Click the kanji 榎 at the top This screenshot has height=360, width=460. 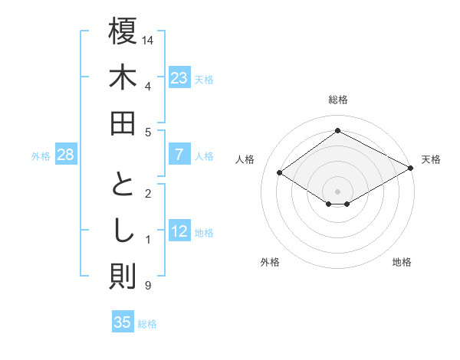pyautogui.click(x=123, y=32)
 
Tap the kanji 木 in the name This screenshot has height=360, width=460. pyautogui.click(x=123, y=78)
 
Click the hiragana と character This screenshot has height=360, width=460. pyautogui.click(x=123, y=185)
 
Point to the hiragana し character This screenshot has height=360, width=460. pyautogui.click(x=123, y=231)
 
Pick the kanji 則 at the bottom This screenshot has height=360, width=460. pyautogui.click(x=123, y=277)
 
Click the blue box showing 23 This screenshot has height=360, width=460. pyautogui.click(x=179, y=77)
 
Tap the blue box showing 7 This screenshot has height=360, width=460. pyautogui.click(x=179, y=155)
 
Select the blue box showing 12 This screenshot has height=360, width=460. pyautogui.click(x=179, y=231)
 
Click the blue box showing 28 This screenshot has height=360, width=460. pyautogui.click(x=66, y=155)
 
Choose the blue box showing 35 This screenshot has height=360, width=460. pyautogui.click(x=123, y=322)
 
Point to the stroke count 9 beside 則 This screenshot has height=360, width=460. pyautogui.click(x=147, y=286)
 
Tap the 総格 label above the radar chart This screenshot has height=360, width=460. pyautogui.click(x=337, y=100)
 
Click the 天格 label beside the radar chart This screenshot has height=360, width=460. pyautogui.click(x=431, y=159)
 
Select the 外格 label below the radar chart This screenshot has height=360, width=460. pyautogui.click(x=270, y=262)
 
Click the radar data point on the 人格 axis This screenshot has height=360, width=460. pyautogui.click(x=280, y=173)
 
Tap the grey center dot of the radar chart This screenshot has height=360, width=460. pyautogui.click(x=337, y=191)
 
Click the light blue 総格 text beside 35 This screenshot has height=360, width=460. pyautogui.click(x=147, y=323)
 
